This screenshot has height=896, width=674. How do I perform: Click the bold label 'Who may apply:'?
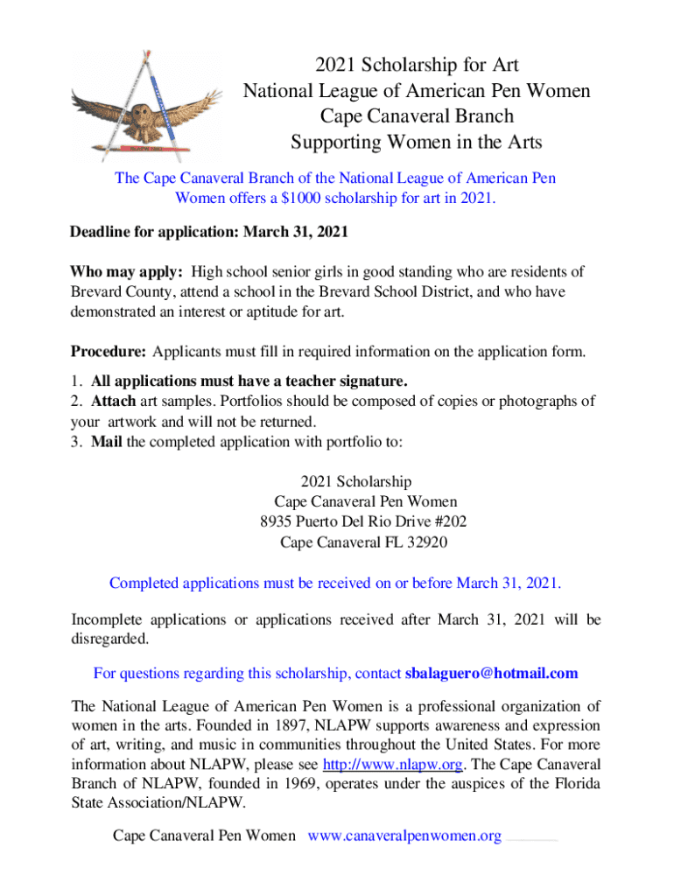click(x=126, y=271)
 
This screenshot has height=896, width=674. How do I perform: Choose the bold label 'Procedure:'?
click(x=109, y=353)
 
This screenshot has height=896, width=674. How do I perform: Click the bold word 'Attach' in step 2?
click(x=113, y=402)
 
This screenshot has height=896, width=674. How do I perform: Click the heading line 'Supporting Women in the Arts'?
click(x=416, y=141)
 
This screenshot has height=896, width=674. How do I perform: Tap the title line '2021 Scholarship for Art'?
click(x=416, y=65)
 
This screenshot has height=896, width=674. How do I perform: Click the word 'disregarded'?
click(x=109, y=639)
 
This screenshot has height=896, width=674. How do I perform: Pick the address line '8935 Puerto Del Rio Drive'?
click(x=347, y=522)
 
